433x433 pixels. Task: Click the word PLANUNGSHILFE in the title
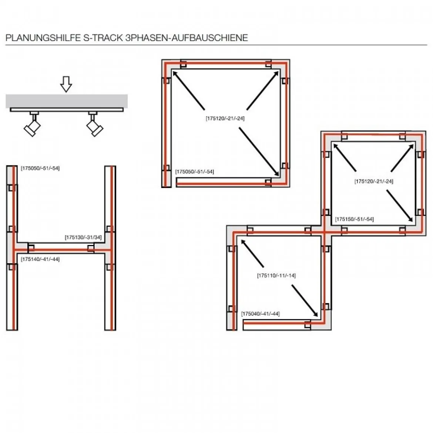(43, 37)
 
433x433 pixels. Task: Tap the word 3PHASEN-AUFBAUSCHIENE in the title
(187, 37)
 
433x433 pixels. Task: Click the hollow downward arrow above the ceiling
(66, 84)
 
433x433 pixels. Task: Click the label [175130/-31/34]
(83, 237)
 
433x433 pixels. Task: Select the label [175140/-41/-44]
(40, 259)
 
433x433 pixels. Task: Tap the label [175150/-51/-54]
(354, 219)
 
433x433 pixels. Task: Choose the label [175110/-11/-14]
(276, 275)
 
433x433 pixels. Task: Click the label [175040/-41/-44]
(261, 314)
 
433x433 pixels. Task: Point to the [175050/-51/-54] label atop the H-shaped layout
(40, 168)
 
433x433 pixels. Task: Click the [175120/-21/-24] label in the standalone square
(225, 118)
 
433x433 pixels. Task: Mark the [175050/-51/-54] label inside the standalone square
(194, 171)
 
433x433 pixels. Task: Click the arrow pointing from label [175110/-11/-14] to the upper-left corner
(252, 253)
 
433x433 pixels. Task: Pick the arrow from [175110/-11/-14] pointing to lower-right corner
(305, 301)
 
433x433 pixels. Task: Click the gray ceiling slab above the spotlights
(67, 101)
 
